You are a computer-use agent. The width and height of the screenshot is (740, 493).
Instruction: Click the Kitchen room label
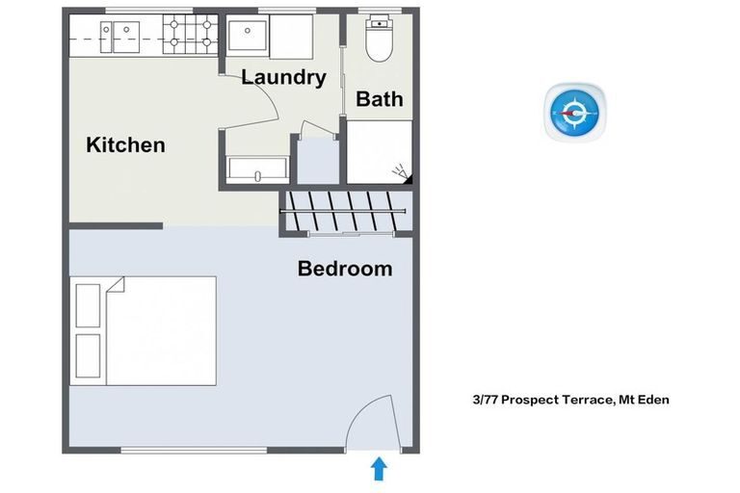125,145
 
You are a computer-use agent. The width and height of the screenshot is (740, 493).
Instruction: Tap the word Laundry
283,77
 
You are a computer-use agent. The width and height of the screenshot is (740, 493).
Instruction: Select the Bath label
380,98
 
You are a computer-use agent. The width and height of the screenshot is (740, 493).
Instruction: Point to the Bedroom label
345,269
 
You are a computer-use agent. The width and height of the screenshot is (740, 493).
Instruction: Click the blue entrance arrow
379,469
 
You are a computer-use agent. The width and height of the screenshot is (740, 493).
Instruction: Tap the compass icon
576,113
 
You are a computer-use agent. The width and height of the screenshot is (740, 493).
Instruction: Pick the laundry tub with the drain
247,38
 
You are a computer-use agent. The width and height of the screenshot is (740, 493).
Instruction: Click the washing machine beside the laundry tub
289,38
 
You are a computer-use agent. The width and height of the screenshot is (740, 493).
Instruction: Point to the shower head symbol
402,174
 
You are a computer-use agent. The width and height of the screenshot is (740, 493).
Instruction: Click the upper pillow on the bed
88,305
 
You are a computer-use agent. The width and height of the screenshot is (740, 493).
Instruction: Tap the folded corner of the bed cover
116,286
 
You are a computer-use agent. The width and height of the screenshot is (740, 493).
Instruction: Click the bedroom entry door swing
368,424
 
